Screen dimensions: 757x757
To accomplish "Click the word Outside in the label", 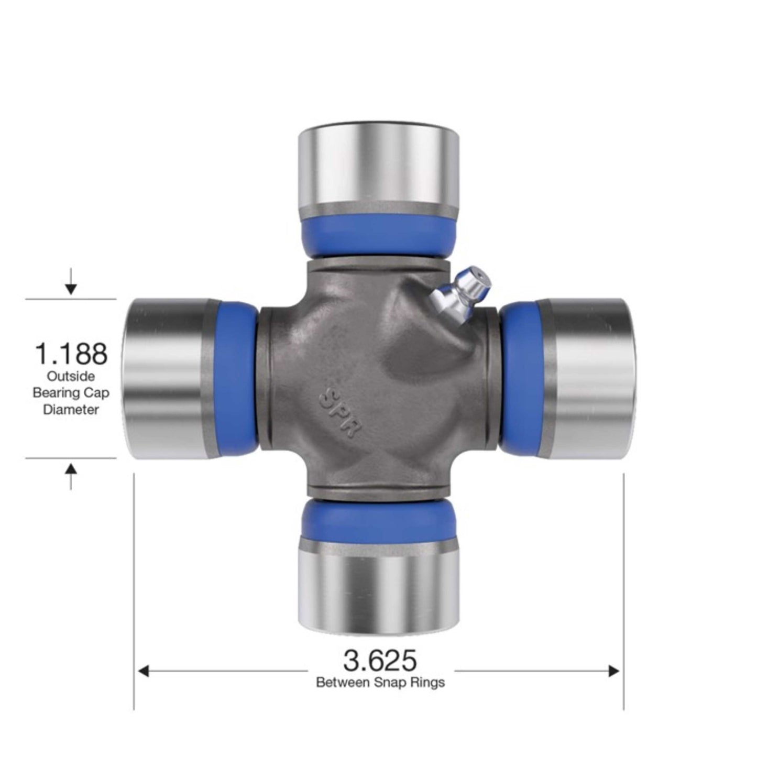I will (71, 376).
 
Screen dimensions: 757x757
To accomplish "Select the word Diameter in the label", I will (71, 410).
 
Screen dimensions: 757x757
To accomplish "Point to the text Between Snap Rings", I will (380, 682).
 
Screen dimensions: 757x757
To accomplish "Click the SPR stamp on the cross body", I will (340, 412).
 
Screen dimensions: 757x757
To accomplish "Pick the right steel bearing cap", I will (587, 378).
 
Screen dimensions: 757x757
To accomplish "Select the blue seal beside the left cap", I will (236, 378).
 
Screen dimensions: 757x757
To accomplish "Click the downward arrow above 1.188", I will (71, 287).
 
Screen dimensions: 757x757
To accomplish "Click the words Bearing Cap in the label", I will (71, 393).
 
